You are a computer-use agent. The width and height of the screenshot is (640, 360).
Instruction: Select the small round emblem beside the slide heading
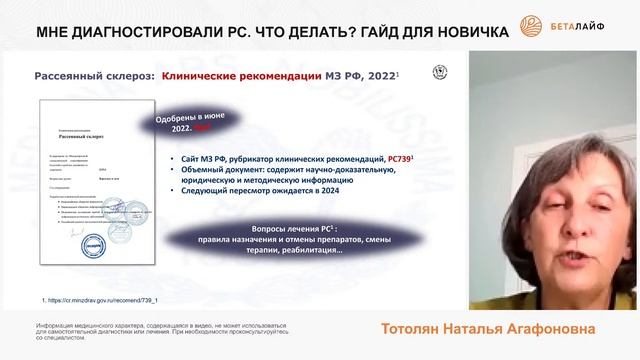(x=438, y=73)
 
